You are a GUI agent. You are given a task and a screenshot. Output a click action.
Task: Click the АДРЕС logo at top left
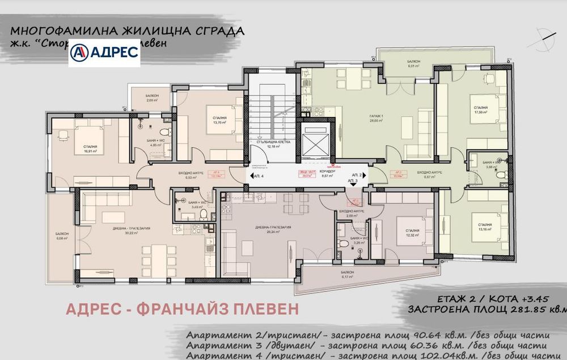(104, 52)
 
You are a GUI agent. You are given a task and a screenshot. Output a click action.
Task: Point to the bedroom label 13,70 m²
(219, 120)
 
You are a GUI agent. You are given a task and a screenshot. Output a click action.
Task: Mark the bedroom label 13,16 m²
(484, 227)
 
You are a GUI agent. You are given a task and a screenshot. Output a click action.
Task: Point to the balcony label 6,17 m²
(348, 274)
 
